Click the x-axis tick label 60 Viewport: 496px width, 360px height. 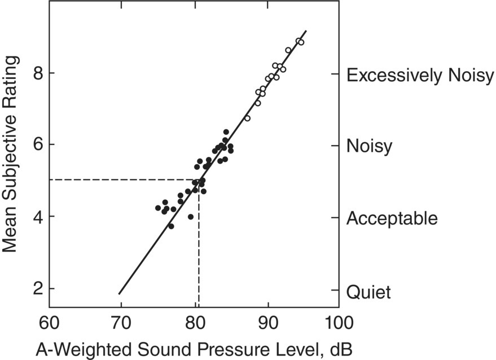[49, 323]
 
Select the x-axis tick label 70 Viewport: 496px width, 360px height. [121, 323]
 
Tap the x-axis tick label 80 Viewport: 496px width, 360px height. [194, 323]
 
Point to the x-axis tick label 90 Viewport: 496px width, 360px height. [266, 323]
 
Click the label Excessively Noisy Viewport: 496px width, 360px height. [420, 76]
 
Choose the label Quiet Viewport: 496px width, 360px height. [368, 292]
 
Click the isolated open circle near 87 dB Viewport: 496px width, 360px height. [247, 118]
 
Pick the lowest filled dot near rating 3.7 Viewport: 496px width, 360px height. [171, 226]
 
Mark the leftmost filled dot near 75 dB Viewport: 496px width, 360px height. [158, 208]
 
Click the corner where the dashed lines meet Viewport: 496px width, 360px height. [198, 180]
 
